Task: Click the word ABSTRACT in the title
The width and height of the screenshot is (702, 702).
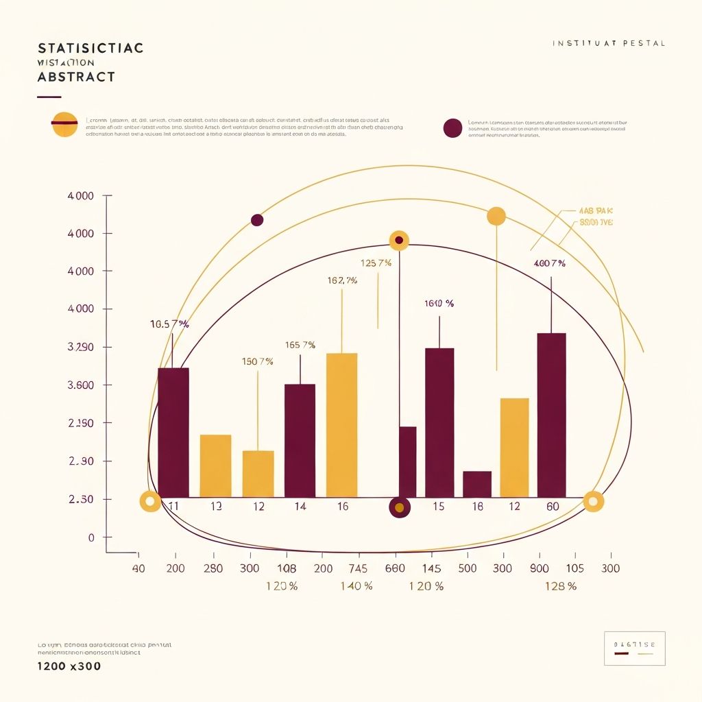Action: point(75,77)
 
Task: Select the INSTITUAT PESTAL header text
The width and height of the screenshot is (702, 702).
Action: point(608,44)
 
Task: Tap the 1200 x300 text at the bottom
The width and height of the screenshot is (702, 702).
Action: point(69,666)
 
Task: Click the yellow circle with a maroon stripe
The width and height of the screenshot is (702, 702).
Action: point(64,123)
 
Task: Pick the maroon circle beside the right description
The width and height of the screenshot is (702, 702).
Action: point(452,128)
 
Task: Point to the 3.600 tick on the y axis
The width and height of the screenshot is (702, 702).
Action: point(81,385)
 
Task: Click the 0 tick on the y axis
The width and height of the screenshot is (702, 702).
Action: point(90,538)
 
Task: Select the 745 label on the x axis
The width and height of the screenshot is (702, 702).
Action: point(358,568)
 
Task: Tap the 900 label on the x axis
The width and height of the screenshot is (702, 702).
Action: point(540,568)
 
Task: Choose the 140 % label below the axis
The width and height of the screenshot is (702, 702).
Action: point(356,586)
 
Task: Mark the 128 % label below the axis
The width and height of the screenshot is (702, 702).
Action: point(560,586)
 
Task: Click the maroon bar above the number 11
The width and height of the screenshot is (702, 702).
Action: point(173,432)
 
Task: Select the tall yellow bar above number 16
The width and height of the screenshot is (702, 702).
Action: point(341,425)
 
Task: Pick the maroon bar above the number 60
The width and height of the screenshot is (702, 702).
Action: point(551,415)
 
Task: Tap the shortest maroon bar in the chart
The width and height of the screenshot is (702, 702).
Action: point(477,484)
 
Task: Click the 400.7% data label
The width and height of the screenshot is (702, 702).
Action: point(549,263)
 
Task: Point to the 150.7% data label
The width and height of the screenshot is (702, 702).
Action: point(258,361)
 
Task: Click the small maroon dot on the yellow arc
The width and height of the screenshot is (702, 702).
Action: point(257,220)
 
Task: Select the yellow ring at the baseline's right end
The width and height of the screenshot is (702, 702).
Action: point(594,501)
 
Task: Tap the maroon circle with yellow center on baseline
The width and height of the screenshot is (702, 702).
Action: point(399,507)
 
